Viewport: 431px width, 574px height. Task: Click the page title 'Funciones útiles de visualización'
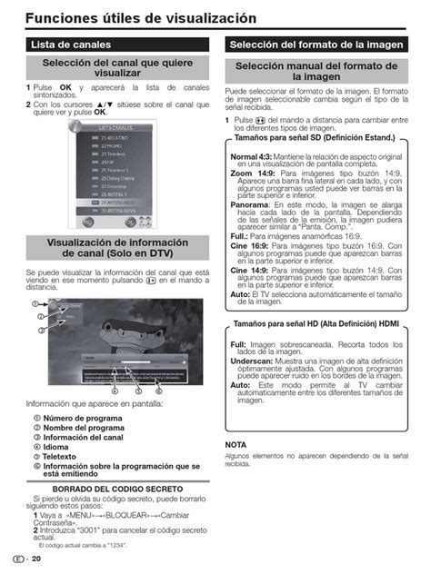point(141,18)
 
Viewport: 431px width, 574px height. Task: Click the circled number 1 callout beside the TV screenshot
point(33,303)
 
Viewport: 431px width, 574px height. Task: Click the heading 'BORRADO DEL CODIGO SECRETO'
point(118,489)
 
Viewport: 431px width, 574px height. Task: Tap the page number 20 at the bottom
point(36,559)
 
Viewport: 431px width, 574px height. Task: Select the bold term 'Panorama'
point(249,205)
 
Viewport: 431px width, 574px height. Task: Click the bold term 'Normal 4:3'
point(253,157)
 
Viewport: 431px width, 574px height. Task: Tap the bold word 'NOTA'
point(236,444)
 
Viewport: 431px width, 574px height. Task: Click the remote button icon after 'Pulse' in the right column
point(261,120)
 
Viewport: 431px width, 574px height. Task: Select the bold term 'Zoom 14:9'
point(254,173)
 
